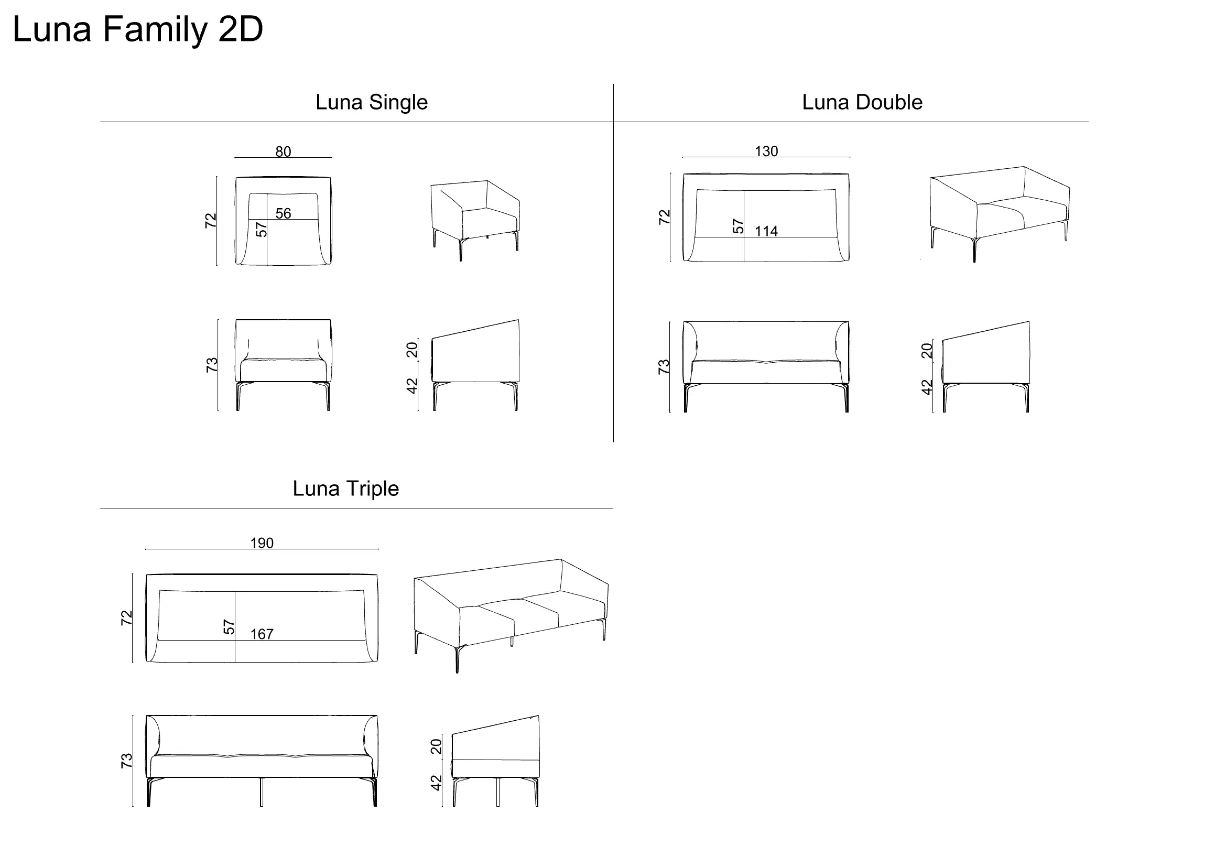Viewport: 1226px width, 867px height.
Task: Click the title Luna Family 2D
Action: [138, 30]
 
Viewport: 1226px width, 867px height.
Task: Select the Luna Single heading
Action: [372, 103]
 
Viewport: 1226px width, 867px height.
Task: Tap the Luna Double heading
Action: [862, 103]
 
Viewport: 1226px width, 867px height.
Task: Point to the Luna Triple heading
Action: [345, 489]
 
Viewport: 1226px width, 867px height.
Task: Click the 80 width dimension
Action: [283, 151]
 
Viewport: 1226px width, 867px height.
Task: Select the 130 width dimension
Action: [766, 151]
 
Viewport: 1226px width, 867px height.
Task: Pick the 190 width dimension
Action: [262, 543]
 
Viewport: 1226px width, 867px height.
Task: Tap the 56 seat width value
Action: [283, 213]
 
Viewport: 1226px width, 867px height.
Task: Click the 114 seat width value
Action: [766, 231]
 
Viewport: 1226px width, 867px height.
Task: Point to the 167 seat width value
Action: [262, 634]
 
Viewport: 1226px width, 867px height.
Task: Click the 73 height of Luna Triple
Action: [126, 761]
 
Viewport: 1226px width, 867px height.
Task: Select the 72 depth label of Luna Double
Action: [664, 218]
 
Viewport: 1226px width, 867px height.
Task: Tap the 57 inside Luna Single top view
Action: [261, 230]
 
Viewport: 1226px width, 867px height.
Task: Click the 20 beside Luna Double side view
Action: [927, 351]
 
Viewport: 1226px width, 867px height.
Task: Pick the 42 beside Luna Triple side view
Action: [436, 783]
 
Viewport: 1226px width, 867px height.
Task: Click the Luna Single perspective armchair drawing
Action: [475, 221]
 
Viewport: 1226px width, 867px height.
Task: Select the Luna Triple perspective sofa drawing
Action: [511, 615]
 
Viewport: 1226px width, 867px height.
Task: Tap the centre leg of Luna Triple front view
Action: [261, 792]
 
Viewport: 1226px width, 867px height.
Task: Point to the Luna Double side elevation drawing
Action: [986, 367]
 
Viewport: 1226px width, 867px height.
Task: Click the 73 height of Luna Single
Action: [211, 365]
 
